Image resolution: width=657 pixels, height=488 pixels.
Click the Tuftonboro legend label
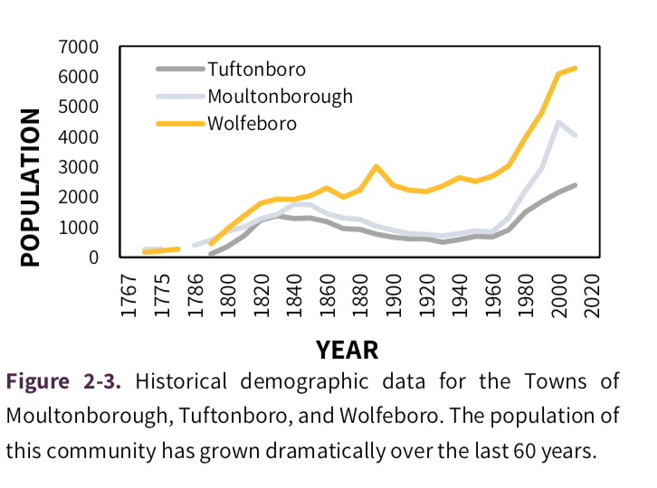pos(256,69)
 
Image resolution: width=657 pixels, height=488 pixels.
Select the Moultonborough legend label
pos(280,96)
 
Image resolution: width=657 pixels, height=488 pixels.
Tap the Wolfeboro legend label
pos(252,122)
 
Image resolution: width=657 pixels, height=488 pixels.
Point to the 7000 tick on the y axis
pos(81,47)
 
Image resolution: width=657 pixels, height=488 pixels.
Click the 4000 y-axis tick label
pos(81,137)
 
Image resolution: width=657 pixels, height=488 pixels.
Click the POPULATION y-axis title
pos(31,187)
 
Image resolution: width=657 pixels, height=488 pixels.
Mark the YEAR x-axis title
pos(347,349)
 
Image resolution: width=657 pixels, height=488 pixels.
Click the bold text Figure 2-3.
pos(64,380)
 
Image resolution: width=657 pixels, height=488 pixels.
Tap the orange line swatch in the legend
pos(180,122)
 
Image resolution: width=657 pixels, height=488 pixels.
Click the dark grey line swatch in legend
pos(180,69)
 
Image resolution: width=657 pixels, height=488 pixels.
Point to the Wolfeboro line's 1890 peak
pos(376,166)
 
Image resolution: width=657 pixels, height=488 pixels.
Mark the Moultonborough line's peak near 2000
pos(558,122)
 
